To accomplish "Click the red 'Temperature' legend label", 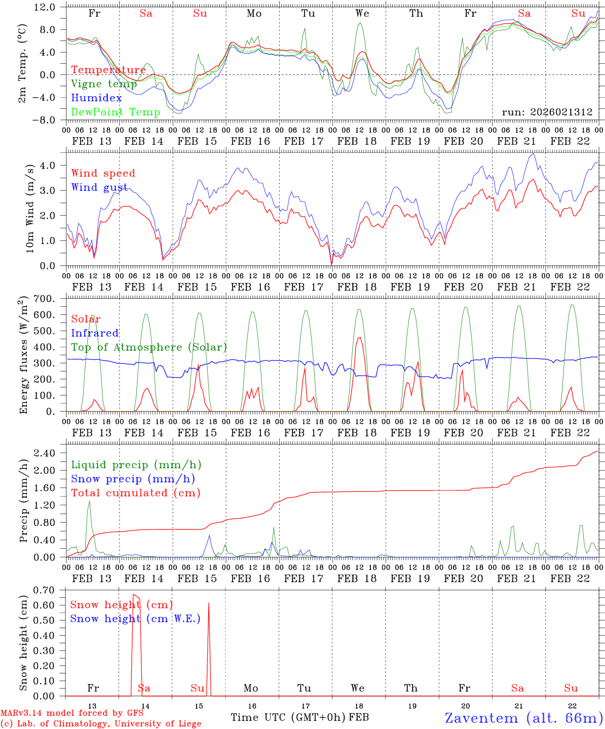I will coord(108,70).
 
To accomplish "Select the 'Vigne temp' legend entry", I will coord(104,84).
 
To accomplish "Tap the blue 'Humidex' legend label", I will coord(96,98).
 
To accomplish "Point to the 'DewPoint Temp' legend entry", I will coord(116,112).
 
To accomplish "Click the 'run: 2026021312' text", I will coord(547,112).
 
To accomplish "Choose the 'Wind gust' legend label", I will coord(99,187).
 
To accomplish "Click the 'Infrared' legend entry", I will coord(95,333).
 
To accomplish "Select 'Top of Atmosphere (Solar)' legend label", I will coord(149,347).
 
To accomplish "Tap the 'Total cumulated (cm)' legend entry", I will coord(135,493).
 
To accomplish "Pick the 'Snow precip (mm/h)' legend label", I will coord(133,479).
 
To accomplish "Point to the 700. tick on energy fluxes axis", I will coord(51,299).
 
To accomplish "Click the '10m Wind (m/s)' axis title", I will coord(29,208).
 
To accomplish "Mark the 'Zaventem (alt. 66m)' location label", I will coord(523,718).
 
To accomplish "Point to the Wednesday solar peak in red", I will coord(359,338).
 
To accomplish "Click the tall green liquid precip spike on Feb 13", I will coord(90,501).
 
